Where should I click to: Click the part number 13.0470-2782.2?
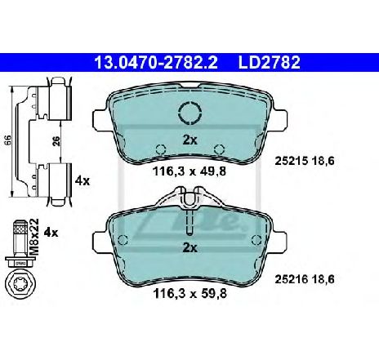[x=156, y=62]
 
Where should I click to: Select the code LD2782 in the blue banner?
[x=270, y=62]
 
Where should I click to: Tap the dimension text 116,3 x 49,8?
[x=189, y=171]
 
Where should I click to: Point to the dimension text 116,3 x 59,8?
[x=189, y=293]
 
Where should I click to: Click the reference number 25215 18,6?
[x=305, y=161]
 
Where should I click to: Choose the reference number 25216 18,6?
[x=305, y=279]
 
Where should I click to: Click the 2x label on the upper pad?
[x=189, y=140]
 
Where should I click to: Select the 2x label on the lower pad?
[x=189, y=247]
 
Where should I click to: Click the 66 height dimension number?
[x=7, y=140]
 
